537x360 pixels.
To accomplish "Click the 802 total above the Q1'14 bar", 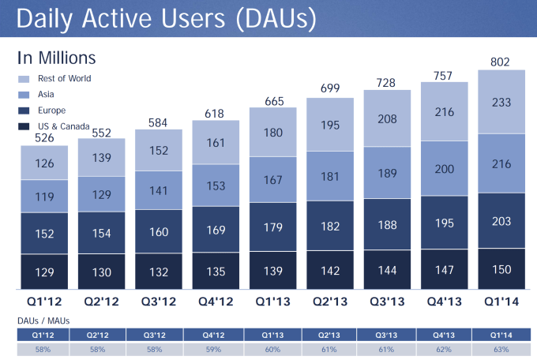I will (501, 62).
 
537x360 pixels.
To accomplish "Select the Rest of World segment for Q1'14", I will (501, 102).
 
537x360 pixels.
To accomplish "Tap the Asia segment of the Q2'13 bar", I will (330, 176).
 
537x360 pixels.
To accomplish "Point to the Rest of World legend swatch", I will (24, 78).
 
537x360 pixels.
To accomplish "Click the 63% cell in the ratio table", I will (501, 349).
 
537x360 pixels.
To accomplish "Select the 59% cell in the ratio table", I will (215, 349).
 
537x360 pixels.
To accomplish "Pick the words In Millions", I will (56, 58).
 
